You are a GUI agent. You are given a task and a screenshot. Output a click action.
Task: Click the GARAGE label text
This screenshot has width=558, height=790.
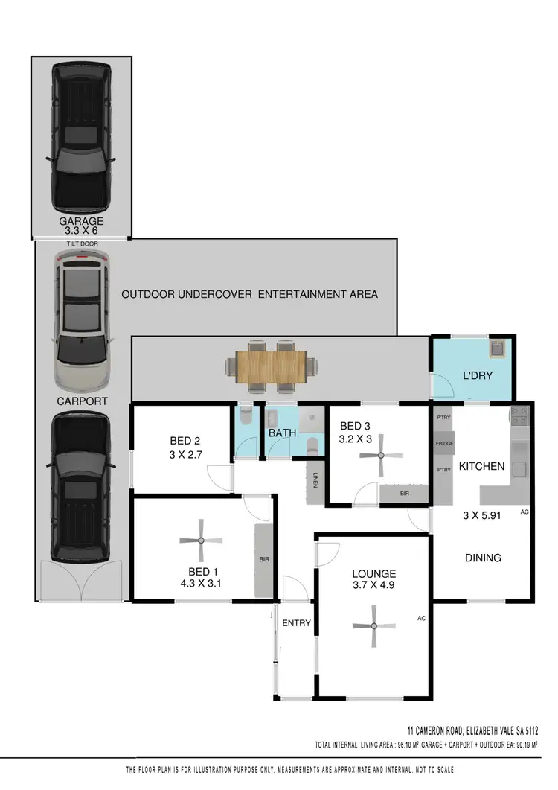(x=81, y=221)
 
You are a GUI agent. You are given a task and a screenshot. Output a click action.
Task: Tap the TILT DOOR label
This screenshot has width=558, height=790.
(x=81, y=243)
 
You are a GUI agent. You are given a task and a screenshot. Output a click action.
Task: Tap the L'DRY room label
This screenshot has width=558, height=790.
(x=477, y=376)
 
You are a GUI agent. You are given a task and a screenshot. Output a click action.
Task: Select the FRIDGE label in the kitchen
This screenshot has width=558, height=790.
(x=445, y=444)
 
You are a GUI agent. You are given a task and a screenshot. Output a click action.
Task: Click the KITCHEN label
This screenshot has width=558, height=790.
(x=481, y=467)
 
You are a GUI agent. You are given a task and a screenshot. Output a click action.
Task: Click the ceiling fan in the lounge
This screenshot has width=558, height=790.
(x=373, y=626)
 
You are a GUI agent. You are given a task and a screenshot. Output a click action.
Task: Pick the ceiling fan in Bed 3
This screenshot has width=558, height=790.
(x=380, y=455)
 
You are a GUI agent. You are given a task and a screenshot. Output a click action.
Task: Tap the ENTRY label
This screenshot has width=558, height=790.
(x=296, y=623)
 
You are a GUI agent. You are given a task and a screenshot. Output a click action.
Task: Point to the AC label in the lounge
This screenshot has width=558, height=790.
(x=421, y=618)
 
